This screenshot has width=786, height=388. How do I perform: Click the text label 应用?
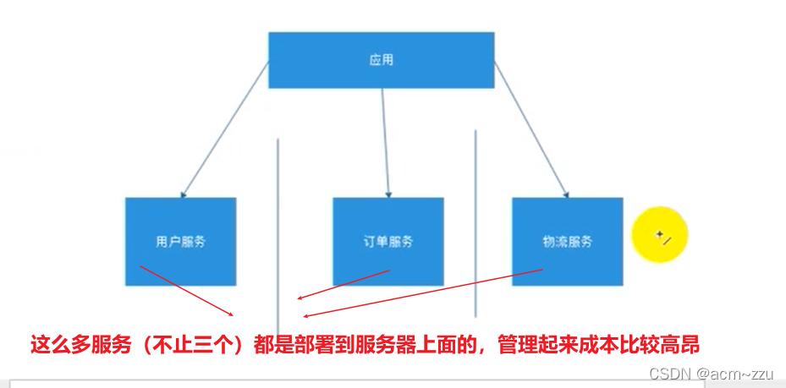coord(381,60)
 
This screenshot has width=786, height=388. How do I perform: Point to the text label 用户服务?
coord(180,242)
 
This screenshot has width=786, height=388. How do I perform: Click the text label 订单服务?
coord(388,242)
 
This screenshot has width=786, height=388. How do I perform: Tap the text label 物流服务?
coord(567,242)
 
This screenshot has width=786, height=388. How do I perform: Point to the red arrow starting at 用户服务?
coord(186,290)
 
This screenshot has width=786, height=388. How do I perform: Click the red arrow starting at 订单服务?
coord(343,285)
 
